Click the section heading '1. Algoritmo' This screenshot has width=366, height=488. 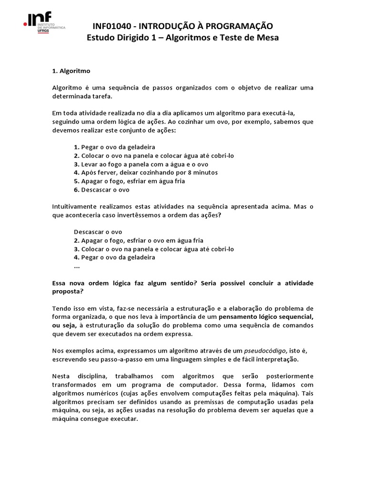71,71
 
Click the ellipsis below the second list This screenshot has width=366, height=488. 77,266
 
